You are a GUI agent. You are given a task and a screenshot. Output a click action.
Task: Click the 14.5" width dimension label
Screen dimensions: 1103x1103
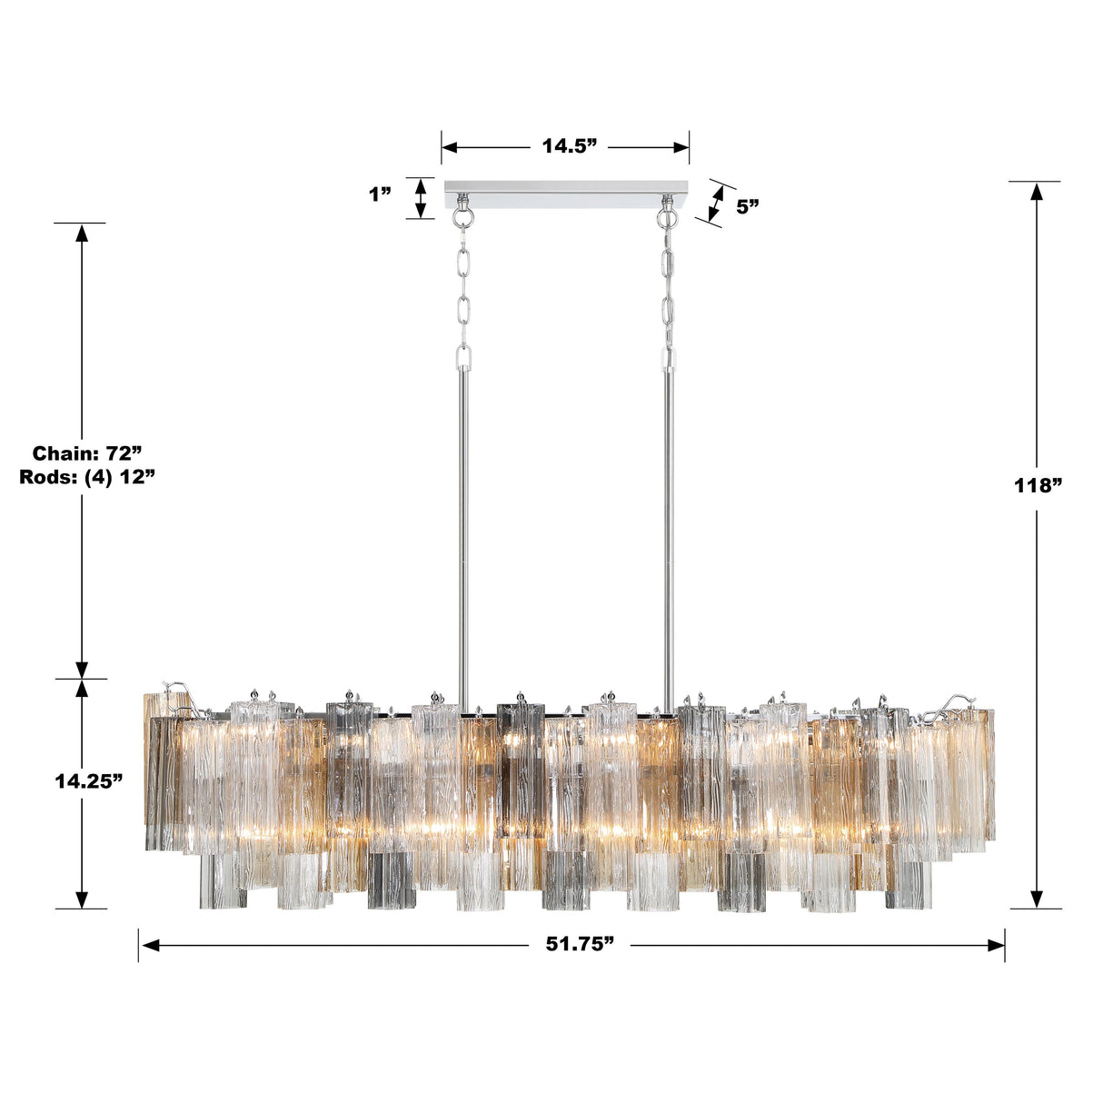point(569,146)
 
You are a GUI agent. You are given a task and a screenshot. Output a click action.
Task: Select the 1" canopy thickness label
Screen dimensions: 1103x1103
point(381,194)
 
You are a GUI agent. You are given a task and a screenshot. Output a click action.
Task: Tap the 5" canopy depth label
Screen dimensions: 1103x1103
point(748,206)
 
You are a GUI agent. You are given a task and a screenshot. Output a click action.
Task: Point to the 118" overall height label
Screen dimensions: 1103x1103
point(1038,484)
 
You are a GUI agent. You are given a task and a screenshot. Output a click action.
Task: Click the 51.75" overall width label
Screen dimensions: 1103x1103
point(580,944)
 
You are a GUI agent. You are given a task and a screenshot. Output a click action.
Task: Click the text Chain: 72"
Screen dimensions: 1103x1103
point(87,452)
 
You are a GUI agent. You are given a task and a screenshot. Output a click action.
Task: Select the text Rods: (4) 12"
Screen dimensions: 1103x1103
point(87,477)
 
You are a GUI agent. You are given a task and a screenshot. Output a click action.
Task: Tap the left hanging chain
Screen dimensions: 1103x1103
point(464,291)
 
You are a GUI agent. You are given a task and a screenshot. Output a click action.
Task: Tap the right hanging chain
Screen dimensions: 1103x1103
point(670,291)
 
